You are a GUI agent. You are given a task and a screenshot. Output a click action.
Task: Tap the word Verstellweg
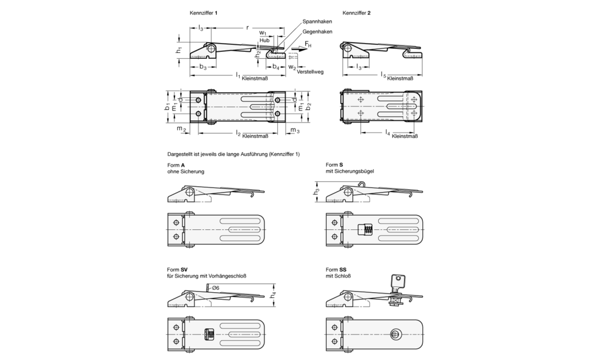point(310,71)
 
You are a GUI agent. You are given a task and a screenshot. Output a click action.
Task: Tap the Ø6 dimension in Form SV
point(215,288)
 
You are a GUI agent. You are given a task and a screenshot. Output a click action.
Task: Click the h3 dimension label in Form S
point(316,191)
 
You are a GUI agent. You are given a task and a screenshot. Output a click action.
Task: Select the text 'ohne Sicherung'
point(186,171)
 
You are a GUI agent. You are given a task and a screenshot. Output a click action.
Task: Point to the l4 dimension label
point(388,133)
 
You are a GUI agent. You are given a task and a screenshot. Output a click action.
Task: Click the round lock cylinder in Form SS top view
point(395,334)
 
